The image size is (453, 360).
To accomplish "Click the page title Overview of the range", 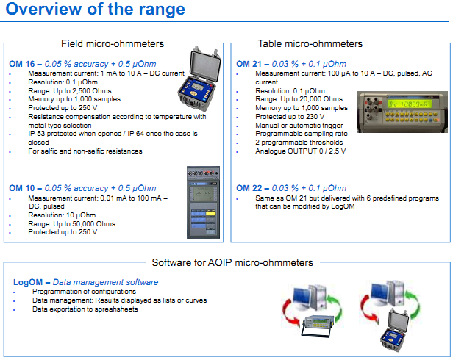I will pos(96,10).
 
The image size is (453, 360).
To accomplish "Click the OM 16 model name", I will pos(21,65).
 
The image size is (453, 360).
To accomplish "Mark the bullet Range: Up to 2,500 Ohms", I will pos(69,90).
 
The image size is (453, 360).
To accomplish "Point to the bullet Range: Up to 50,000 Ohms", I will pos(71,223).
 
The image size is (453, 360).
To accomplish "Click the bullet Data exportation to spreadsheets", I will pos(85,309).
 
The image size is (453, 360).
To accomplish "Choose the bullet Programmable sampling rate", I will pos(283,133).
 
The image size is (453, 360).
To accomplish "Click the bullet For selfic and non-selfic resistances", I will pos(85,151).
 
